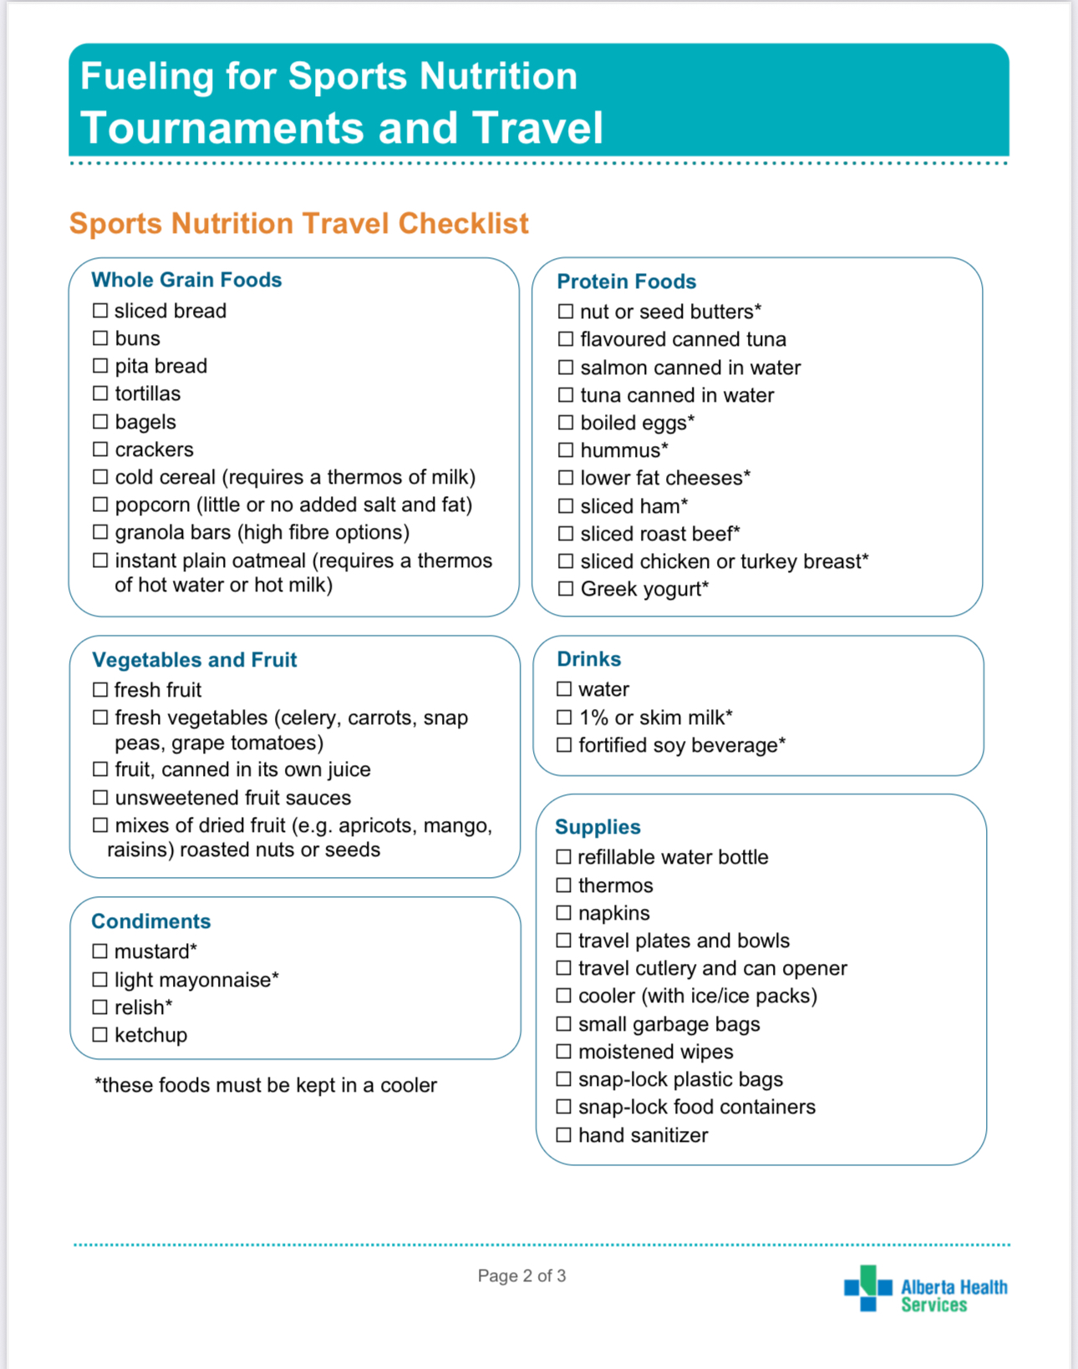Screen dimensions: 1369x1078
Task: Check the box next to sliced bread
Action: pyautogui.click(x=100, y=311)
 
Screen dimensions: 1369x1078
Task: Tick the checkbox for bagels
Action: pyautogui.click(x=100, y=422)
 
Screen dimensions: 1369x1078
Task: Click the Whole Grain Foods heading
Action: pyautogui.click(x=186, y=280)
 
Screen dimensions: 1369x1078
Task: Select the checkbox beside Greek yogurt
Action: pyautogui.click(x=566, y=589)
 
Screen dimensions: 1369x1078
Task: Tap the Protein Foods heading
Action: pyautogui.click(x=626, y=281)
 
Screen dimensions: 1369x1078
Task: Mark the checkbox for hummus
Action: pyautogui.click(x=566, y=450)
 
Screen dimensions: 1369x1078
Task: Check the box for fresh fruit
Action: pyautogui.click(x=100, y=690)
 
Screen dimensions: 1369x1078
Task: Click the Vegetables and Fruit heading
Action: pyautogui.click(x=194, y=660)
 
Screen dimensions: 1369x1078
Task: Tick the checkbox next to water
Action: pyautogui.click(x=564, y=689)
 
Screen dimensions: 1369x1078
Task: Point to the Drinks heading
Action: pyautogui.click(x=588, y=659)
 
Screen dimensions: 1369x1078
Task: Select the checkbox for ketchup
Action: pyautogui.click(x=100, y=1035)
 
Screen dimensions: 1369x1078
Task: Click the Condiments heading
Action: pyautogui.click(x=150, y=921)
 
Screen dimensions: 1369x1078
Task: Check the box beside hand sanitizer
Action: pyautogui.click(x=564, y=1135)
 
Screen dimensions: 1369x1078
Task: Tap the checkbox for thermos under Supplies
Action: pyautogui.click(x=564, y=885)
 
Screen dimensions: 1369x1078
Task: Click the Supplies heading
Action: pyautogui.click(x=597, y=827)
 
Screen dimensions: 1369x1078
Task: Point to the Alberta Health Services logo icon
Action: pyautogui.click(x=867, y=1288)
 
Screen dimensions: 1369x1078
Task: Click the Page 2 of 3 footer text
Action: pyautogui.click(x=521, y=1275)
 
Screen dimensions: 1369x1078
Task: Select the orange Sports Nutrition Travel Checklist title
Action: pyautogui.click(x=298, y=223)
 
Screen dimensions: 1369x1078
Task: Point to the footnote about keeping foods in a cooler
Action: pyautogui.click(x=266, y=1085)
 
